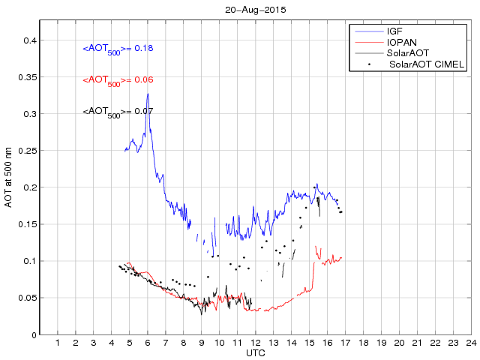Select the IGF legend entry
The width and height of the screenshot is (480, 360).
pos(395,31)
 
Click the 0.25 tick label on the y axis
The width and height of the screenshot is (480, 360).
pos(26,151)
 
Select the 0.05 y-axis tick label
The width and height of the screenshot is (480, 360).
pos(26,298)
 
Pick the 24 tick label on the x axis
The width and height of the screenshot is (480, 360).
pos(471,343)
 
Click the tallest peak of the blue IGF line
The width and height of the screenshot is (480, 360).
pos(148,94)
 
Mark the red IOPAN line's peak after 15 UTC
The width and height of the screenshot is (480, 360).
pos(316,246)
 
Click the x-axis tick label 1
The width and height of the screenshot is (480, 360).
pos(58,343)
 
